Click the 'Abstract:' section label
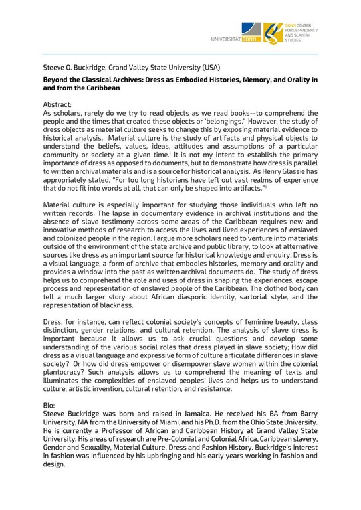click(61, 105)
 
